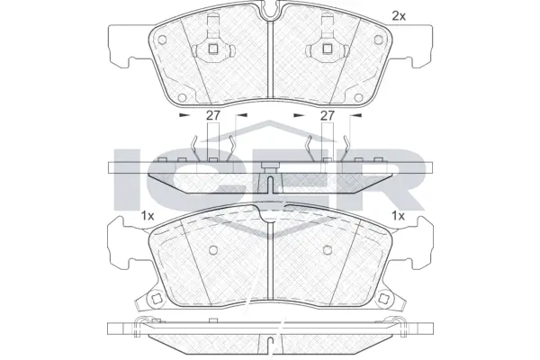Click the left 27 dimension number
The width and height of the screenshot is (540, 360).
tap(213, 116)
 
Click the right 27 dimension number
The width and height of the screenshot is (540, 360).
tap(328, 116)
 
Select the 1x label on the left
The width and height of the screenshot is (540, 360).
tap(148, 215)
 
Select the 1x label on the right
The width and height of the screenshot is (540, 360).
tap(399, 215)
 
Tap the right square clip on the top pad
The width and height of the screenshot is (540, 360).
tap(326, 50)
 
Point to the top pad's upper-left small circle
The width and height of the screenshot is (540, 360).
tap(163, 39)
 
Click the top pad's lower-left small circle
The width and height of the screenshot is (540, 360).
tap(182, 97)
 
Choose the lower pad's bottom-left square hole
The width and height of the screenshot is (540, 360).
tap(156, 301)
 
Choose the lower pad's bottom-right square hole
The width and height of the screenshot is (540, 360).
tap(386, 301)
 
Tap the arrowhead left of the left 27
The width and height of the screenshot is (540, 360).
tap(184, 116)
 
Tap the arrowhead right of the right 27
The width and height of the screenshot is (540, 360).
tap(356, 116)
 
